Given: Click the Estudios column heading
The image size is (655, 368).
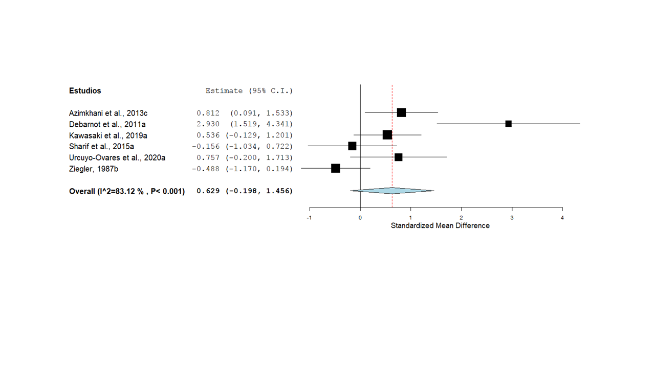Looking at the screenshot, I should (85, 91).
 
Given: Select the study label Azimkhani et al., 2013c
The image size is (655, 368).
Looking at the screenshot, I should (108, 113).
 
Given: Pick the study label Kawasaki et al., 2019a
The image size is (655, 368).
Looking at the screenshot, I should (108, 135).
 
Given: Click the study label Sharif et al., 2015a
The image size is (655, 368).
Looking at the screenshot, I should (101, 147).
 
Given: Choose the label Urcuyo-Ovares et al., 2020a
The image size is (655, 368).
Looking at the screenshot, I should (117, 157).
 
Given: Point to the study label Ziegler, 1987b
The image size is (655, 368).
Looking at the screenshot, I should (93, 169).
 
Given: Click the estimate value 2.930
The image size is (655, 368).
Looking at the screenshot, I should (208, 124).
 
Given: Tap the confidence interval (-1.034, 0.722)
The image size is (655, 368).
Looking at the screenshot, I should (259, 147).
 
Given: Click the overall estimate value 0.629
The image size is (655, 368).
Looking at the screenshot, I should (208, 191).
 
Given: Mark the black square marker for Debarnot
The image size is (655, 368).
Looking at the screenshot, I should (508, 124).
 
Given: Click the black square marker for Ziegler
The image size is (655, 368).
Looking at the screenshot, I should (336, 168).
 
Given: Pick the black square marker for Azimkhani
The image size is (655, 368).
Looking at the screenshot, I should (401, 112).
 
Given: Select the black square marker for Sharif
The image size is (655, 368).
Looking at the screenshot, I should (352, 146).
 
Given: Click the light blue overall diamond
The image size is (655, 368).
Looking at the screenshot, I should (392, 191).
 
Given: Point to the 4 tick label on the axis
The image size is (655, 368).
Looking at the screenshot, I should (562, 217).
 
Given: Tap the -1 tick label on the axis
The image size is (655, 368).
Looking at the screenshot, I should (309, 217).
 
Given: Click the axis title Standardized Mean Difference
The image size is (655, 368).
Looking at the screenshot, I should (440, 225).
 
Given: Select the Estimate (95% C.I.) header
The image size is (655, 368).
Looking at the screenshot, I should (249, 91).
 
